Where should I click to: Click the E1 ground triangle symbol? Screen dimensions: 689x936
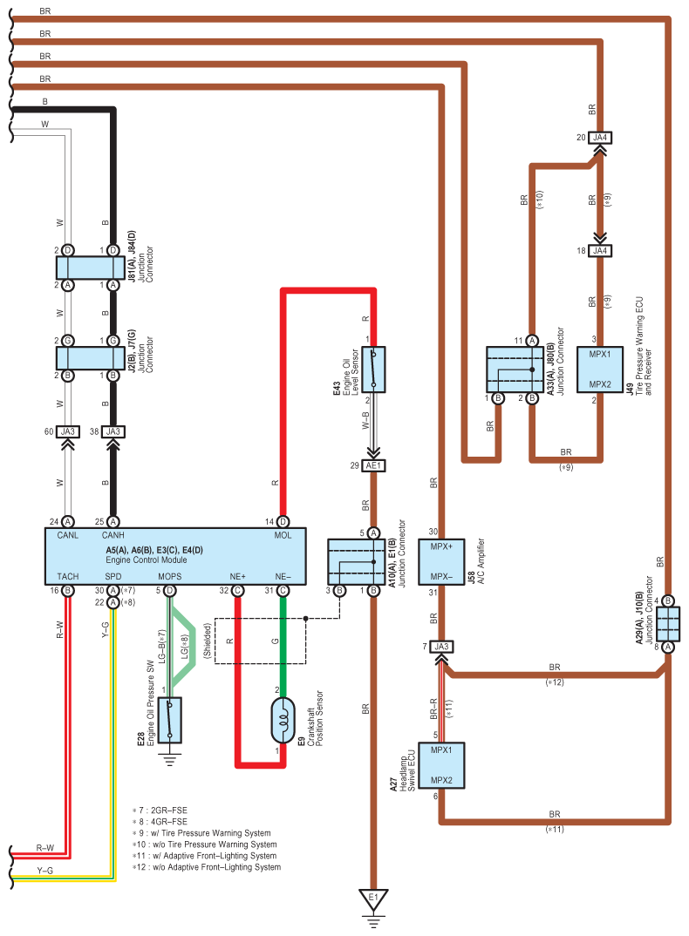[373, 899]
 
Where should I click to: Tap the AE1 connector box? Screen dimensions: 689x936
[373, 465]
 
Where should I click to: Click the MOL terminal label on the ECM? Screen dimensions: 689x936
[283, 535]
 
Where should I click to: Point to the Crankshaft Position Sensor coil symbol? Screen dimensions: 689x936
[283, 721]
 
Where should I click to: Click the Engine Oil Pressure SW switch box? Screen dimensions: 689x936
[170, 720]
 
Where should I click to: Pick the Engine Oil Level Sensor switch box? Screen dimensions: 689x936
[373, 370]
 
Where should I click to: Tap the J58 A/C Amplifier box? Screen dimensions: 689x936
[441, 562]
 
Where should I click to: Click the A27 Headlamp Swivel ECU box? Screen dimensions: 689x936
[441, 766]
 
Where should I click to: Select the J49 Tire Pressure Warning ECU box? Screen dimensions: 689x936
[600, 370]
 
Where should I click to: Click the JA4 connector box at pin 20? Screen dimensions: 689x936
[600, 138]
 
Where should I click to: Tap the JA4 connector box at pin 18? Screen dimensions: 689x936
[600, 251]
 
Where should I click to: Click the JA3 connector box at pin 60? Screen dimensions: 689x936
[68, 431]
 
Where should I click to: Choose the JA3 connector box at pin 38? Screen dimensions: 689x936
[113, 431]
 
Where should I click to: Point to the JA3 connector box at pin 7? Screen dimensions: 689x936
[441, 647]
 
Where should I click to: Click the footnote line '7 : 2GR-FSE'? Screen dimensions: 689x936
[160, 811]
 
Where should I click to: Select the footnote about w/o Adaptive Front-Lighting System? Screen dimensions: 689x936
[207, 867]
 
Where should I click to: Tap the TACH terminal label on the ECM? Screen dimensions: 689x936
[68, 577]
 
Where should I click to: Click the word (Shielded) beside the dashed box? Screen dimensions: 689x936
[208, 641]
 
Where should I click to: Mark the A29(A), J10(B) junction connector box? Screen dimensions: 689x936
[668, 624]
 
